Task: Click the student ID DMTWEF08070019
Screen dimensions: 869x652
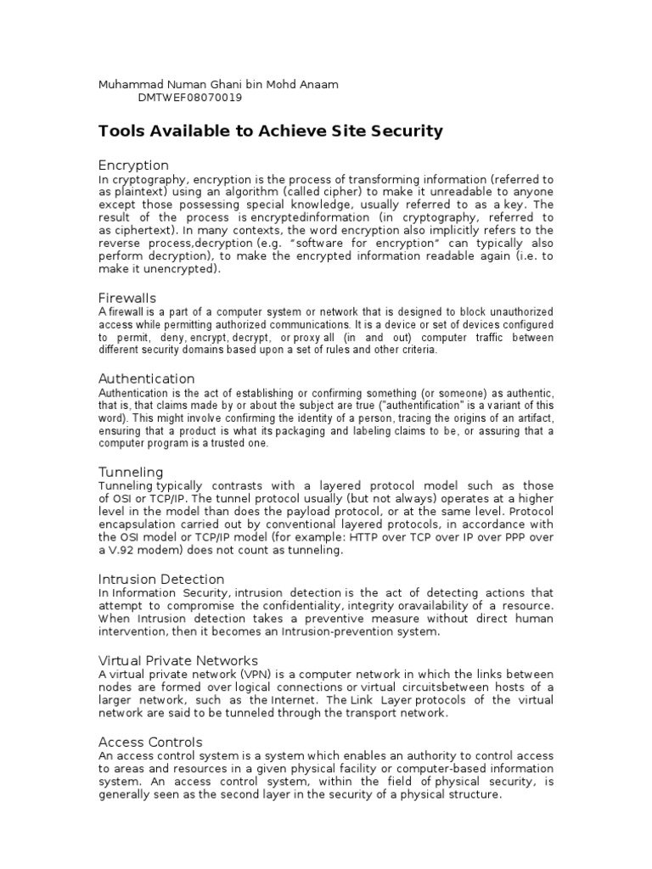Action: point(189,98)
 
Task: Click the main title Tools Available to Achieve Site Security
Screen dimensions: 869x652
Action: point(271,131)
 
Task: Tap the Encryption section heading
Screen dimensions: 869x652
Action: point(133,165)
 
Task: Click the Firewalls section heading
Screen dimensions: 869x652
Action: point(128,298)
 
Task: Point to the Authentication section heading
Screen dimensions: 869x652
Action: point(147,378)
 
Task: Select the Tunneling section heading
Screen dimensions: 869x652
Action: point(131,472)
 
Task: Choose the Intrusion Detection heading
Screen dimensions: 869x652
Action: point(161,579)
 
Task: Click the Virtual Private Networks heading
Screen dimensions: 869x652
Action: point(178,660)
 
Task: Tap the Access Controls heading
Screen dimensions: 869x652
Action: point(151,742)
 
